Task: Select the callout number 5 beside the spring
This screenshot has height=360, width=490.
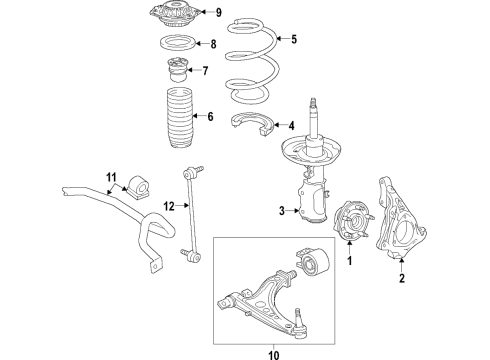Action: click(x=294, y=40)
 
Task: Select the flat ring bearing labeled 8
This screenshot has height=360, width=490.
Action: click(x=177, y=45)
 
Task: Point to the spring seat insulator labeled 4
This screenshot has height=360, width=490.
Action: click(x=254, y=125)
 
